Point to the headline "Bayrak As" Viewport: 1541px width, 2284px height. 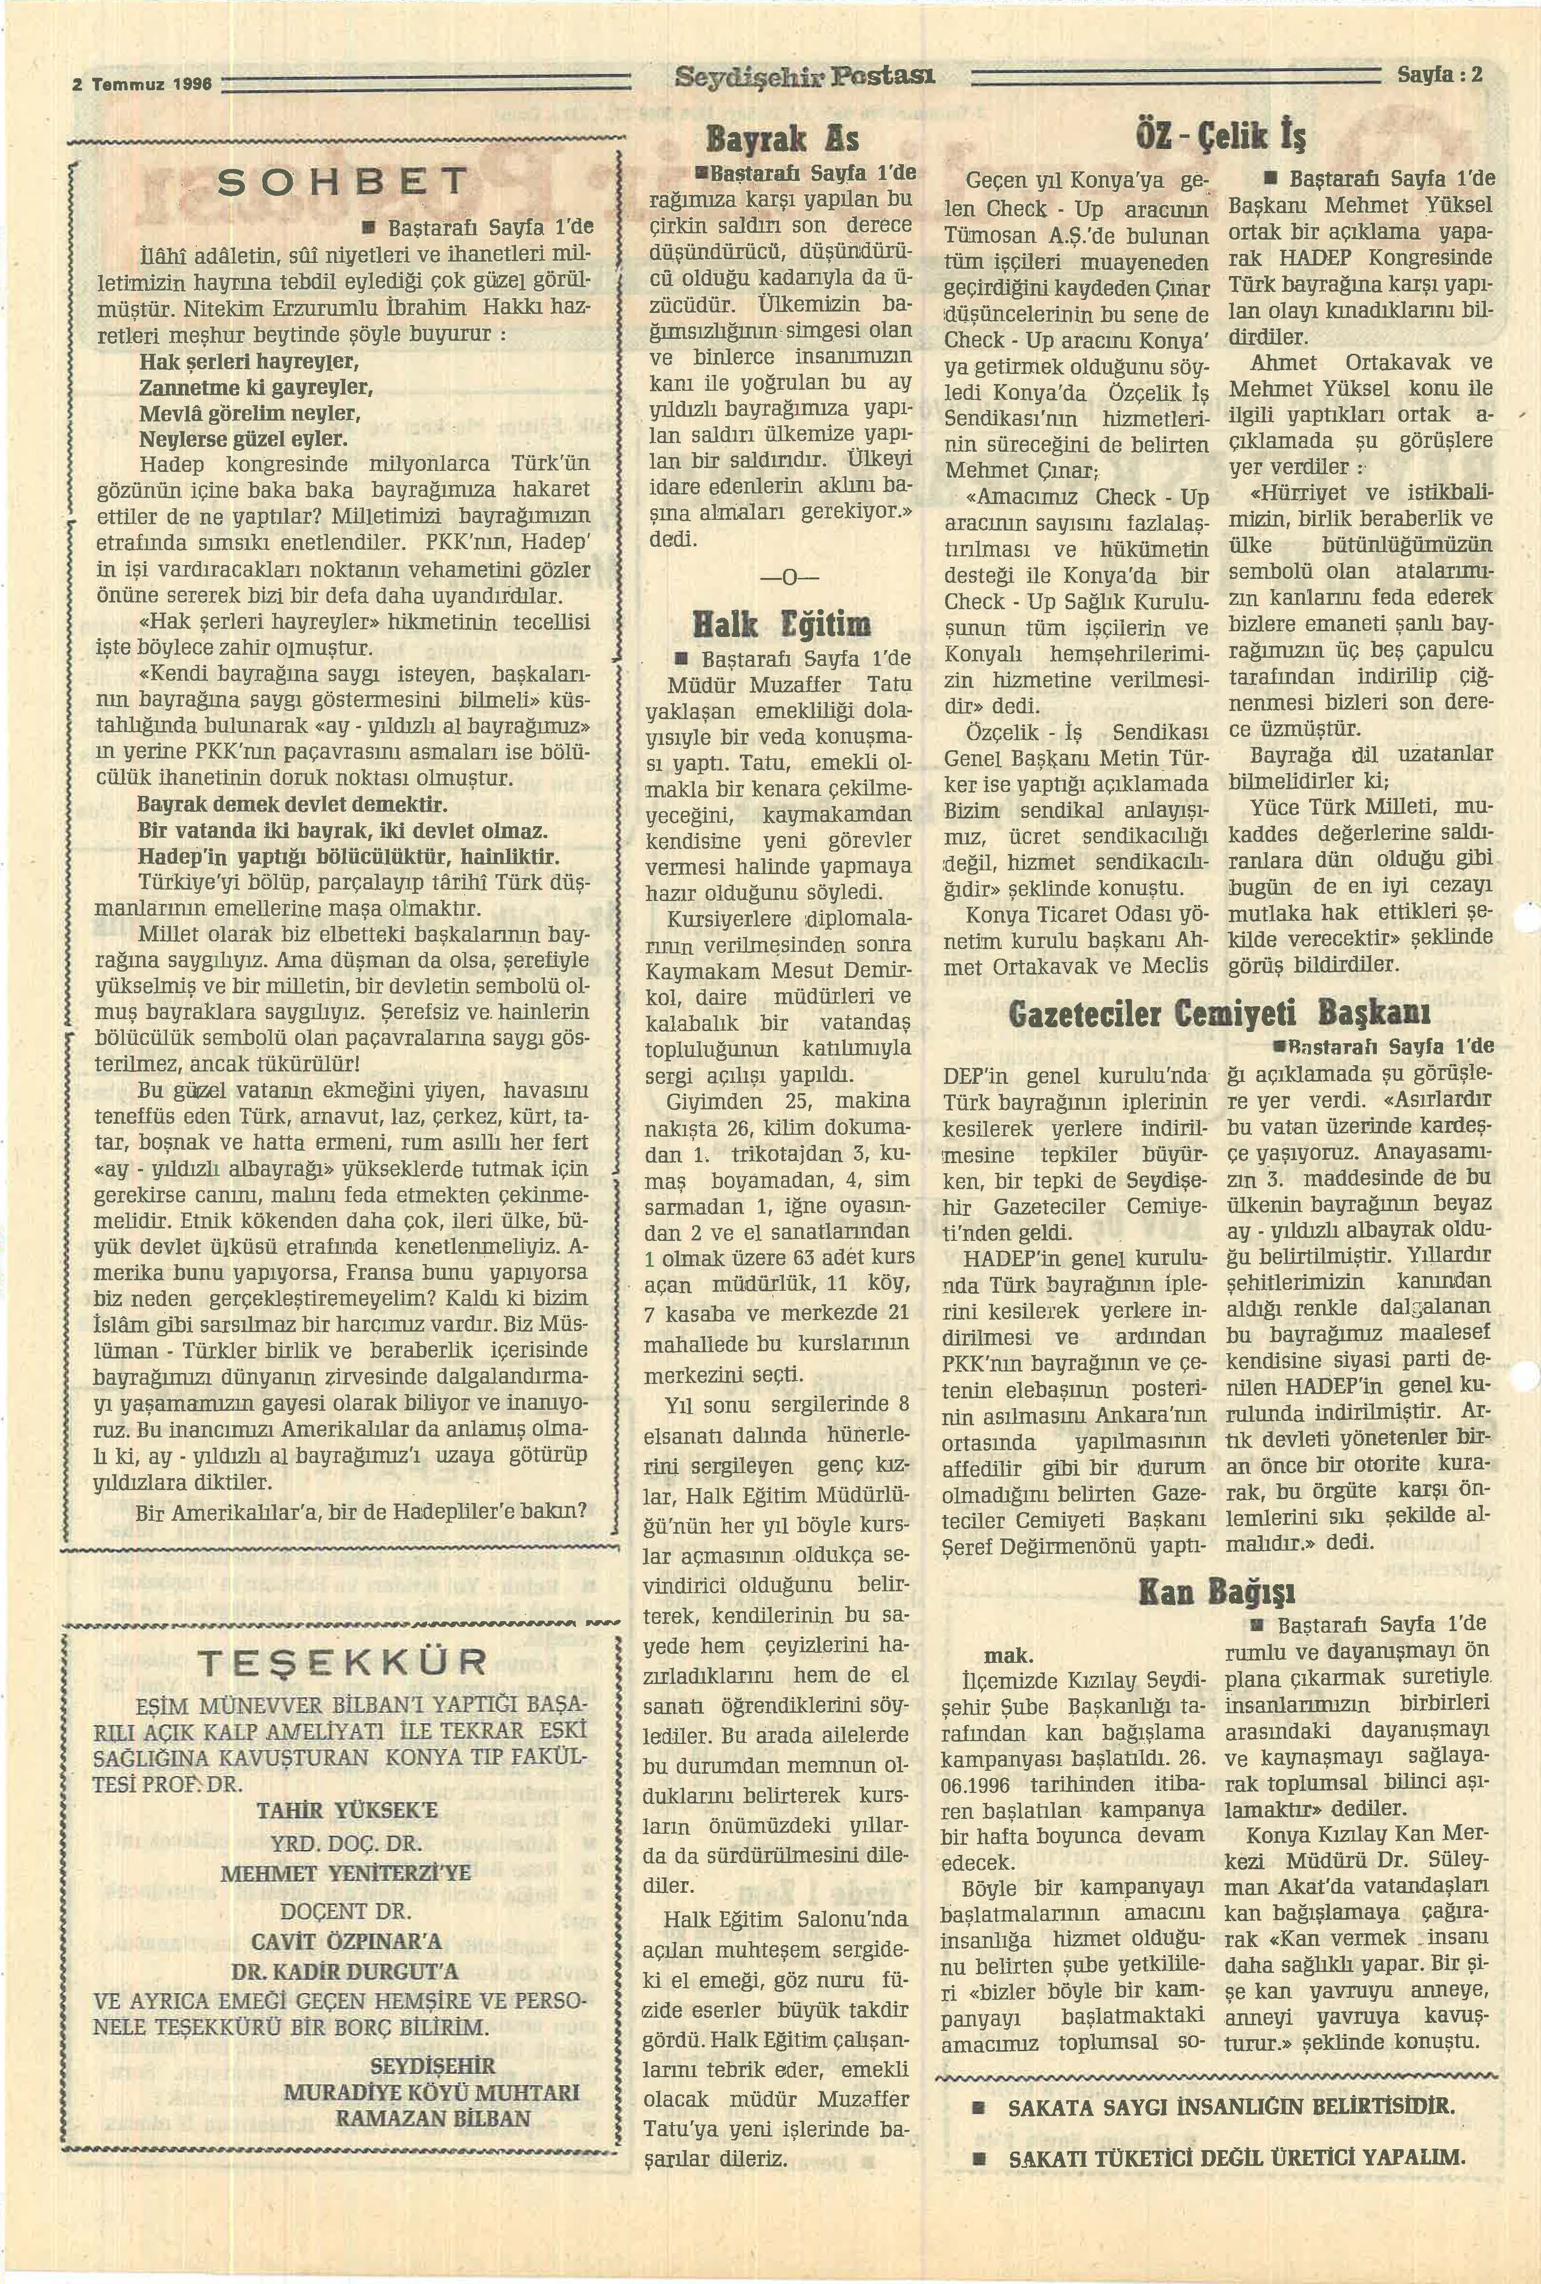[x=783, y=140]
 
